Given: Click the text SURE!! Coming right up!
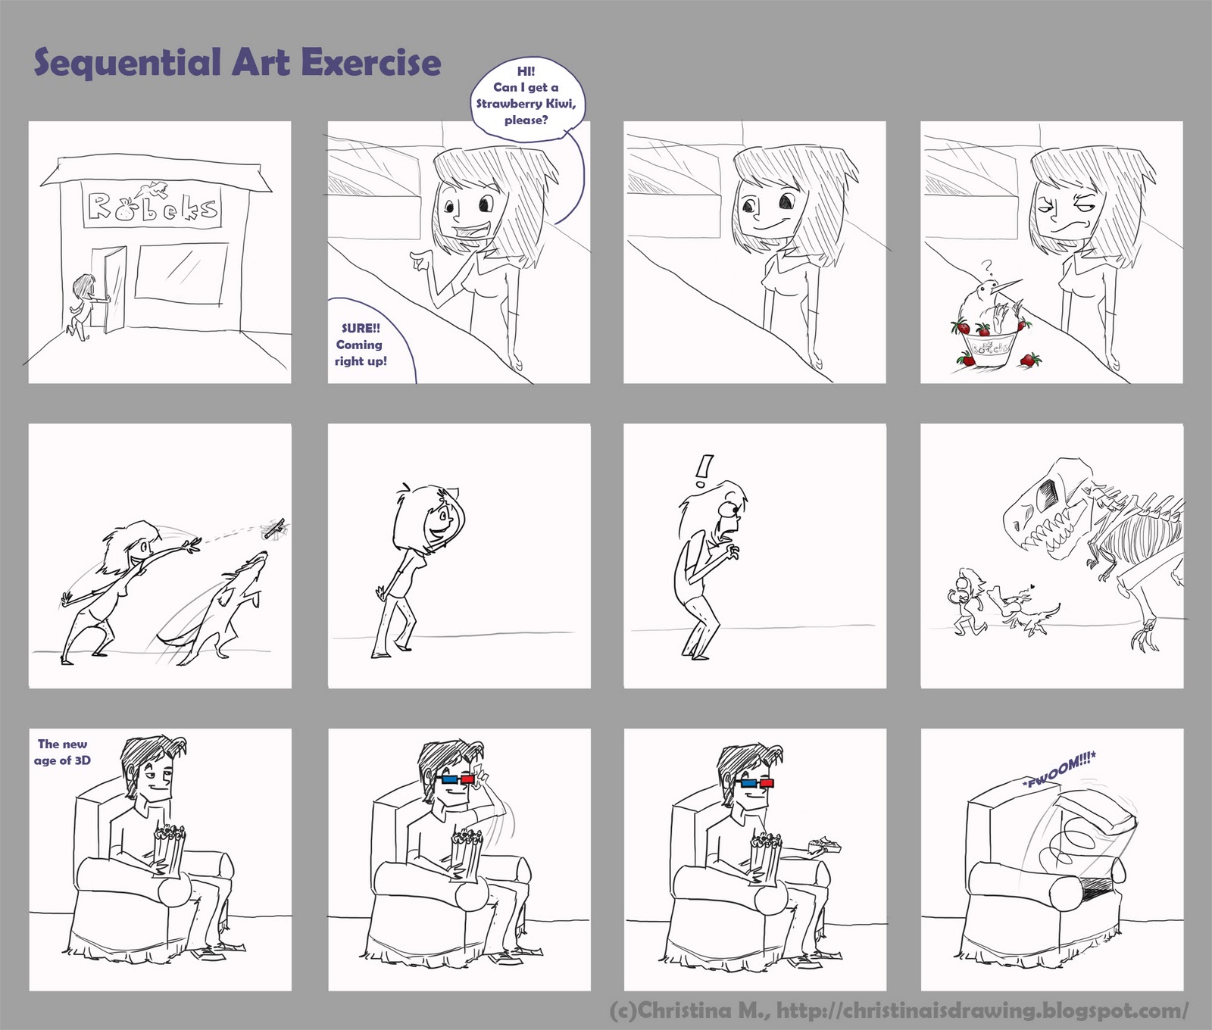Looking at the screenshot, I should coord(361,345).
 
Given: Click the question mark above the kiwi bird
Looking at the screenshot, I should coord(986,267).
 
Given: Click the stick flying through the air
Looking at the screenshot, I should coord(275,528).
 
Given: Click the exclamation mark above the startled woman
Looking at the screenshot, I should coord(704,470).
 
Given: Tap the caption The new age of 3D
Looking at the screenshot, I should coord(63,752).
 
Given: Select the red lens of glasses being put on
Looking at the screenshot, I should coord(467,779).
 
